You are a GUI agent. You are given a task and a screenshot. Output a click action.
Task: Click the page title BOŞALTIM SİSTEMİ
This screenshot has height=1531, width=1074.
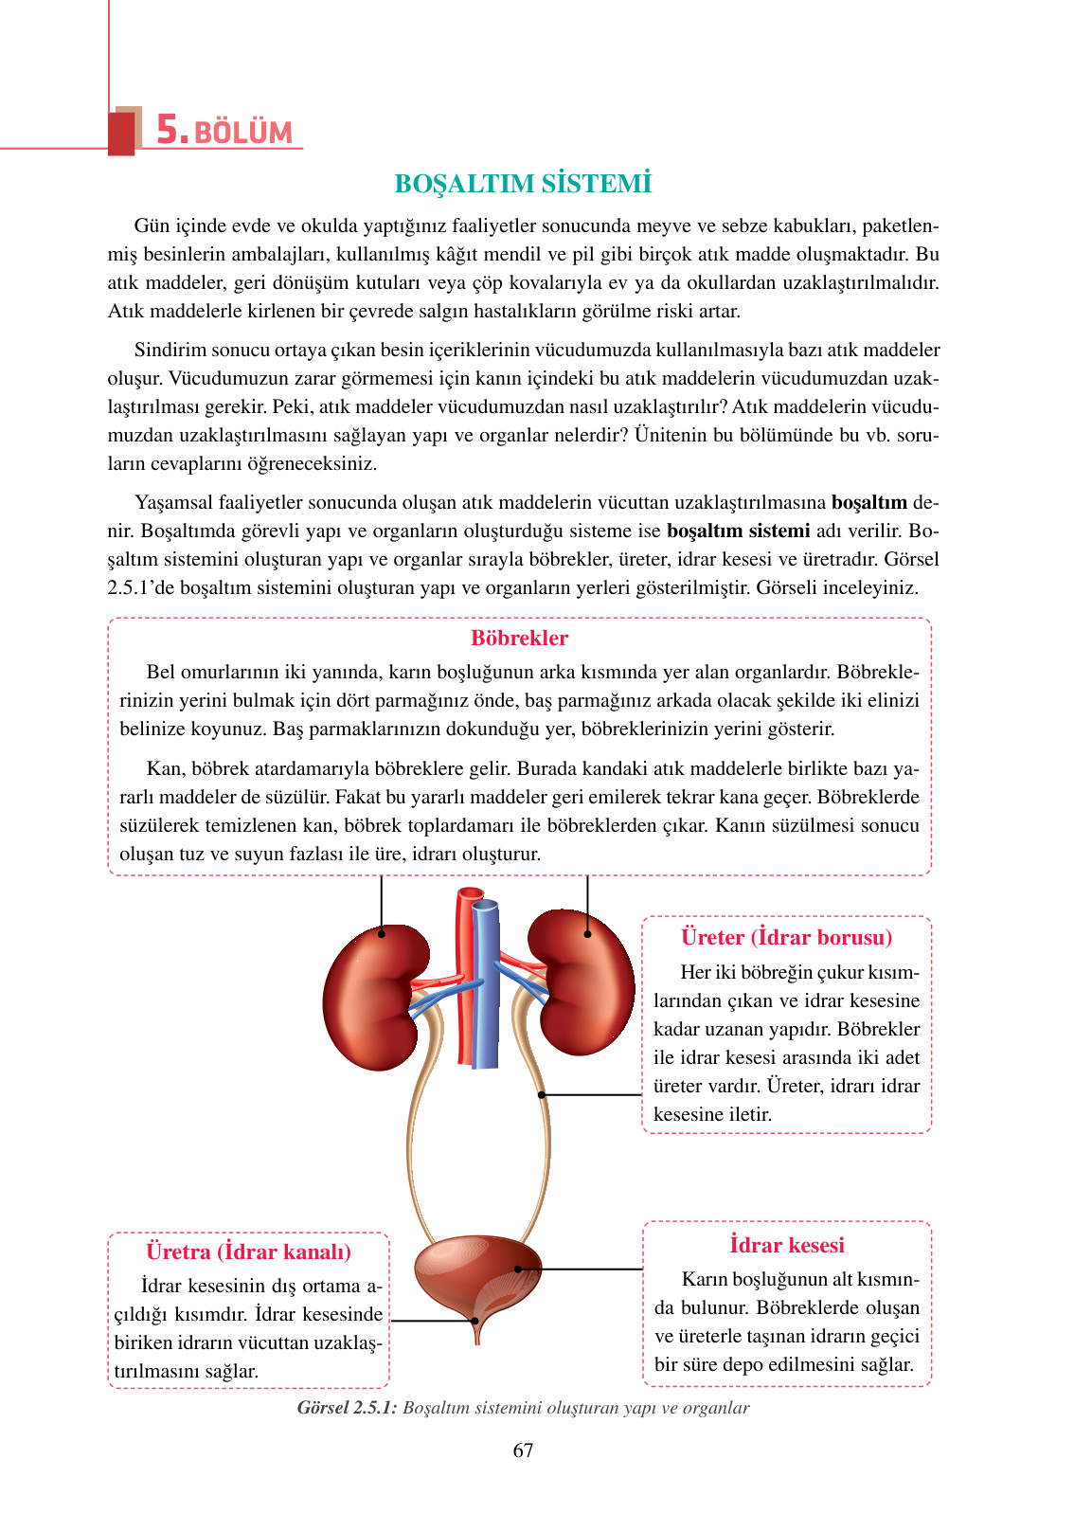click(x=523, y=184)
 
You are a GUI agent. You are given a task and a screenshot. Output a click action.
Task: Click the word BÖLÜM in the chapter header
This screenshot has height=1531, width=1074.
click(x=243, y=133)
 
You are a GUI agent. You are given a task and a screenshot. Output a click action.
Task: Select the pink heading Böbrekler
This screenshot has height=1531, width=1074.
click(x=519, y=639)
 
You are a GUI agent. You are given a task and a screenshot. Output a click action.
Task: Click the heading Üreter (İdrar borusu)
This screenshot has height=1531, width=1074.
click(x=786, y=938)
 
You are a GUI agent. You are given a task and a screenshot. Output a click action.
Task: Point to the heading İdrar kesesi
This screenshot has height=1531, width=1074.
click(x=786, y=1245)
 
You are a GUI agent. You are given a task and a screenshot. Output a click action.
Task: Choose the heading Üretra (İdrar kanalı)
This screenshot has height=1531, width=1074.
click(x=248, y=1252)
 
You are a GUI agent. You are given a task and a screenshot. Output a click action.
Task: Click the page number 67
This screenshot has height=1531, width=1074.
click(x=523, y=1450)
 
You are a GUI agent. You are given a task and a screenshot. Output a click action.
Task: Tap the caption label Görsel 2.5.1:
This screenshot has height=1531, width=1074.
click(x=347, y=1408)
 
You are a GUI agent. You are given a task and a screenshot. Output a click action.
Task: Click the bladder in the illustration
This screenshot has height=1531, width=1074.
click(x=474, y=1274)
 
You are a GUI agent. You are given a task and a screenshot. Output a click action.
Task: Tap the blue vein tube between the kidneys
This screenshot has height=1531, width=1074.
click(x=486, y=985)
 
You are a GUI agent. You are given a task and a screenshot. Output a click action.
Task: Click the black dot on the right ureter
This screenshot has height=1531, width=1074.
click(x=542, y=1095)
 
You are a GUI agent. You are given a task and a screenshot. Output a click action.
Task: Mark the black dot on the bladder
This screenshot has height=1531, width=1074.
click(x=518, y=1270)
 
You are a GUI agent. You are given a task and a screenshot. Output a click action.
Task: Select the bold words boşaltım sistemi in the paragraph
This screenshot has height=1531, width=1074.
click(x=738, y=531)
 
